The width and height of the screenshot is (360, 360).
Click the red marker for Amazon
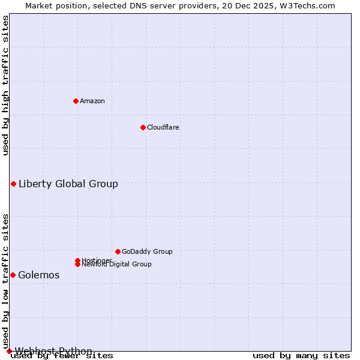click(x=76, y=101)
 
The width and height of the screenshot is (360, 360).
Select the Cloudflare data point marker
click(x=143, y=127)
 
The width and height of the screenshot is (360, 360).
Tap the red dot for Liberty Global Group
click(x=13, y=184)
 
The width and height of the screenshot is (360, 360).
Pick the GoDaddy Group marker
click(x=118, y=251)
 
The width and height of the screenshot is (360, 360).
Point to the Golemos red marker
click(x=13, y=275)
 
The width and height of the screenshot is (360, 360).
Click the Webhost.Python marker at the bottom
click(x=9, y=351)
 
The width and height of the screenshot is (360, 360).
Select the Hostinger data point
click(x=77, y=260)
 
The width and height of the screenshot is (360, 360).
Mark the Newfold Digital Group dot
click(x=77, y=264)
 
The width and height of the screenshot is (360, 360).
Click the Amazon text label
click(x=92, y=101)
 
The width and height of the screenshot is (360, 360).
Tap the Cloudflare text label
click(x=163, y=127)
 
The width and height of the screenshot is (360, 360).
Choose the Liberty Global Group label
click(x=68, y=184)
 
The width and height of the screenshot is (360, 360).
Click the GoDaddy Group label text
click(x=147, y=251)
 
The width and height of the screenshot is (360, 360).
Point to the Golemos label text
click(x=39, y=275)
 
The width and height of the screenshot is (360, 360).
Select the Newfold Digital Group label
click(x=116, y=265)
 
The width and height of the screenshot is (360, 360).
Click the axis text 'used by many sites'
click(x=301, y=355)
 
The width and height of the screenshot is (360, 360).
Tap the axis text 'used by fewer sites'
click(x=62, y=355)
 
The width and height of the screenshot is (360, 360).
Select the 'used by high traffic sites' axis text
click(x=5, y=85)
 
